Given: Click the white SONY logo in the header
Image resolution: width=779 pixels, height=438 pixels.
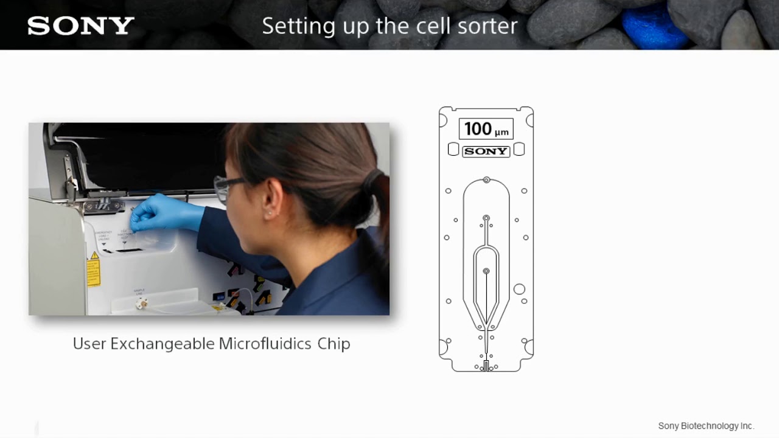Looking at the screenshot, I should pos(81,26).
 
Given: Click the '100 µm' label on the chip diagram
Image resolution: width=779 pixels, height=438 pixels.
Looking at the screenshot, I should pos(486,129).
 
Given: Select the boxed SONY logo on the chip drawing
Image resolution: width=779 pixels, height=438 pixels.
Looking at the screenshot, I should pos(486,151).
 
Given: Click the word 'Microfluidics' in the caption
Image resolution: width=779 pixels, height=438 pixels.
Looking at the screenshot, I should pos(265,344).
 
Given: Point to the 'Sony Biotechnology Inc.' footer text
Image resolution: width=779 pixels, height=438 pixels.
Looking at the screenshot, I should pos(706,426).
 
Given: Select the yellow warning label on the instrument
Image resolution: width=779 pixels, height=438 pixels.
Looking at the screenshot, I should pos(93,269).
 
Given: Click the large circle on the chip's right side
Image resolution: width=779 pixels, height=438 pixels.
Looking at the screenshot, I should pos(519,289).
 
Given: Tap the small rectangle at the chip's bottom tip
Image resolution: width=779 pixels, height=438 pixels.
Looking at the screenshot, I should pos(486,366).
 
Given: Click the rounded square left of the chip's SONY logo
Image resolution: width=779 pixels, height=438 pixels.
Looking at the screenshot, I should pos(453,150).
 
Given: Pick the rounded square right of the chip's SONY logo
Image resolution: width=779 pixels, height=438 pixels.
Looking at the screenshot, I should pos(519,150).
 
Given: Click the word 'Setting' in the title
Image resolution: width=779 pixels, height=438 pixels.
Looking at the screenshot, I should pos(288,26).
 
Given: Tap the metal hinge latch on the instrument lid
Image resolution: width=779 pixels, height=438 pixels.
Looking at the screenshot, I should pos(103,205).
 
